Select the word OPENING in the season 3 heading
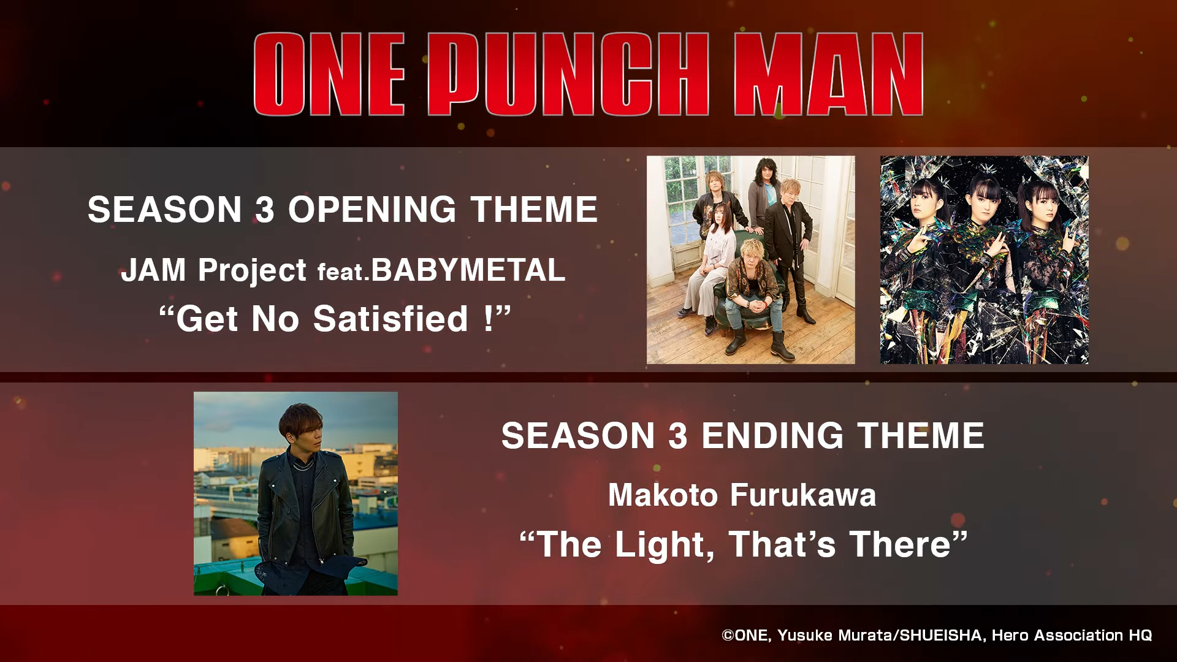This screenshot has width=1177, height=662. [x=373, y=210]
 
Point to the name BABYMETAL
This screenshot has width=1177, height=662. [x=468, y=270]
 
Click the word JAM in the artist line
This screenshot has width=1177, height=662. [x=153, y=270]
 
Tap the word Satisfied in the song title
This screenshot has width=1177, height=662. [x=390, y=319]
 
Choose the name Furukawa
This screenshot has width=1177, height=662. [x=803, y=495]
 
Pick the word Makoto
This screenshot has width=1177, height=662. [x=663, y=495]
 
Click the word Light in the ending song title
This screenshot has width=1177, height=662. [x=665, y=545]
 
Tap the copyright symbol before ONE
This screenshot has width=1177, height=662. [x=728, y=636]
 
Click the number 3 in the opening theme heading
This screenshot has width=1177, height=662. [x=264, y=210]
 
